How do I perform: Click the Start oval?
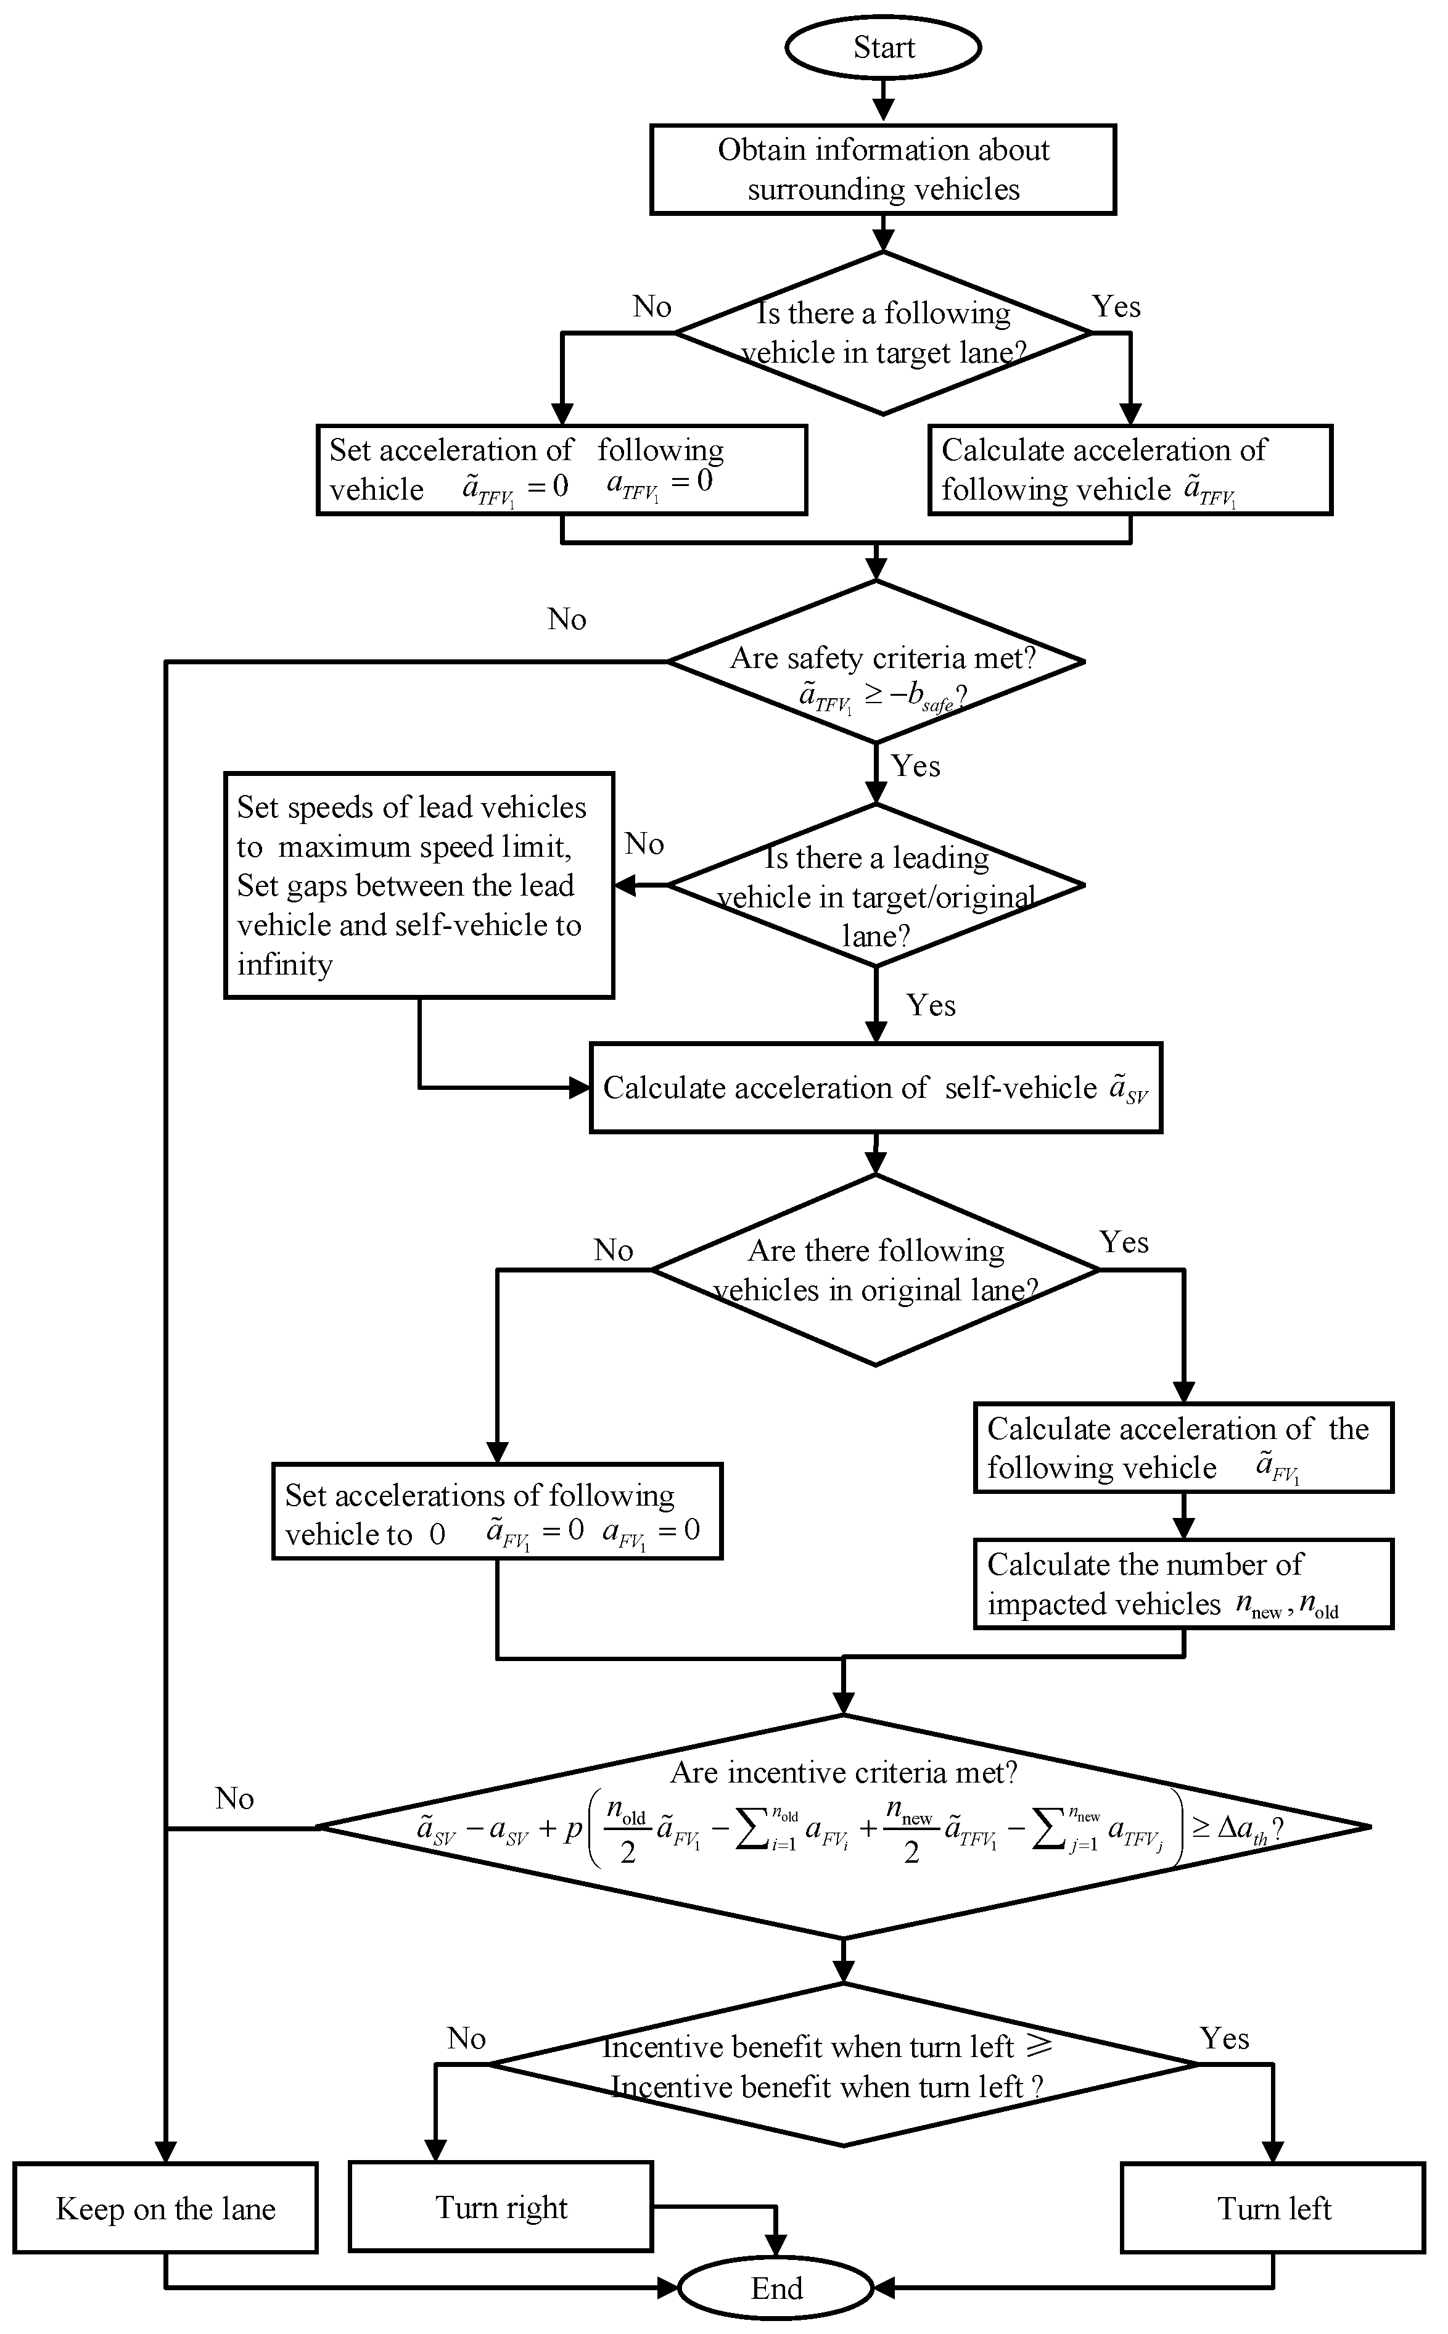[x=883, y=47]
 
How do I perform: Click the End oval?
[x=776, y=2288]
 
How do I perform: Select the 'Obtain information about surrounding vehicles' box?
[x=883, y=170]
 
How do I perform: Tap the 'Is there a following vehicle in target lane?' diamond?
[x=883, y=333]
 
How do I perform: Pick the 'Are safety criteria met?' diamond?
[x=875, y=661]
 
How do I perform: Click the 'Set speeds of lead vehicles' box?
[x=419, y=885]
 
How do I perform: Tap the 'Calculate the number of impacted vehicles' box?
[x=1183, y=1584]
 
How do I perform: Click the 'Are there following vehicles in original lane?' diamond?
[x=875, y=1270]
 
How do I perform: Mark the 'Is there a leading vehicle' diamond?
[x=875, y=885]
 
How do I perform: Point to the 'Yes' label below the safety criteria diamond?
[x=916, y=766]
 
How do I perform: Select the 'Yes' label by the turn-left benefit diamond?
[x=1224, y=2038]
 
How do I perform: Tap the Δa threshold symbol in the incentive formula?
[x=1242, y=1828]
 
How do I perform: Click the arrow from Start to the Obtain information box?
[x=883, y=99]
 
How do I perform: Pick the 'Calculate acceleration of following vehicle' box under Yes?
[x=1130, y=470]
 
